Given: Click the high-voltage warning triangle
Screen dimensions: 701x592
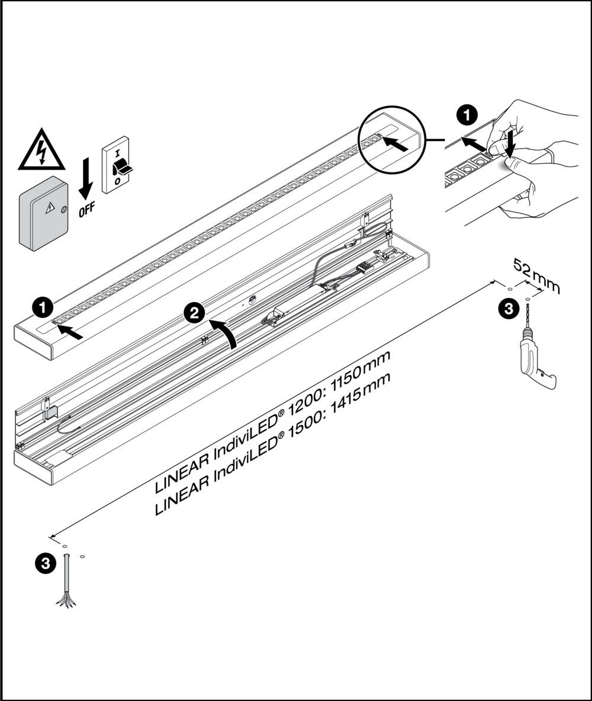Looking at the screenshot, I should tap(41, 150).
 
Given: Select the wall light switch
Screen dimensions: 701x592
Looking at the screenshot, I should tap(117, 162).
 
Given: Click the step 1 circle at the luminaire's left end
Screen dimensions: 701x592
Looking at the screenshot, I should tap(42, 308).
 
